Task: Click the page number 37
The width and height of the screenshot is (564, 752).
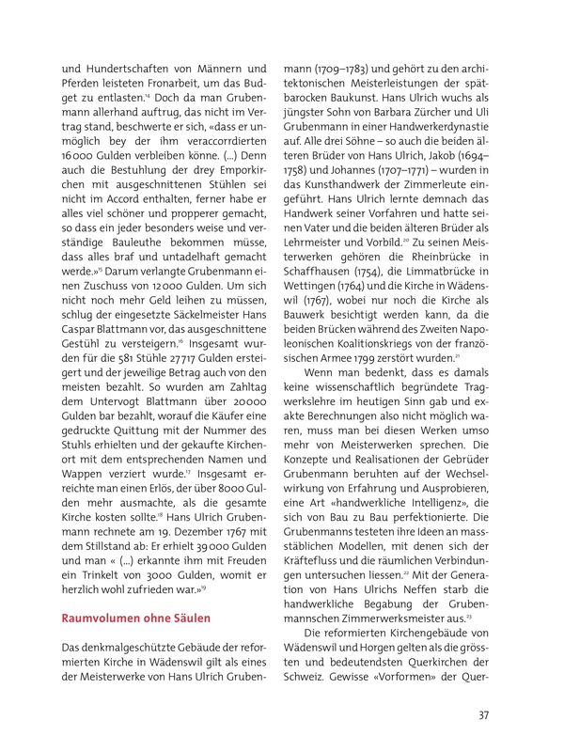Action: pyautogui.click(x=483, y=715)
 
